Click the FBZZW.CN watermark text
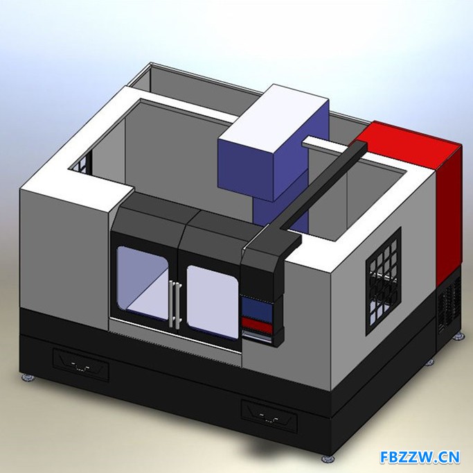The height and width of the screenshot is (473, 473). coord(420,457)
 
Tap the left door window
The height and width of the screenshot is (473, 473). coord(143,282)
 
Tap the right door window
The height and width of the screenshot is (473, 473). coord(213,301)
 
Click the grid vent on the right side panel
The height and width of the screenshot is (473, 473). coord(384,281)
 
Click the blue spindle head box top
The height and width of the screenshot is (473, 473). coord(274,119)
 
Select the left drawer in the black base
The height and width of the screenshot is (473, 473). coord(81,365)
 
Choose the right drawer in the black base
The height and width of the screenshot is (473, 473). coord(269,416)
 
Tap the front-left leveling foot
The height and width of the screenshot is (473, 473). coord(28,378)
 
